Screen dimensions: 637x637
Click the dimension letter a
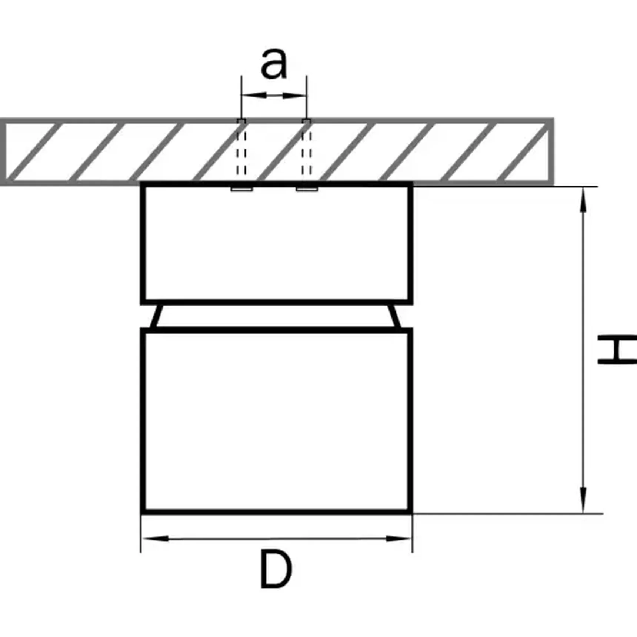(x=274, y=64)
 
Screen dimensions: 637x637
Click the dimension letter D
(x=276, y=569)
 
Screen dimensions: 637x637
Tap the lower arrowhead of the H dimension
(x=583, y=500)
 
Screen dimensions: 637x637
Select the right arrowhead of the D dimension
(x=398, y=538)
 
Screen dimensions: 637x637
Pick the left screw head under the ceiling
(x=242, y=189)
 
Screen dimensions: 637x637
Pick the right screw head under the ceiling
(x=307, y=189)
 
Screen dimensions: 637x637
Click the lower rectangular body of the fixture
(x=277, y=420)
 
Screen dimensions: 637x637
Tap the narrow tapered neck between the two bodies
(x=277, y=316)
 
